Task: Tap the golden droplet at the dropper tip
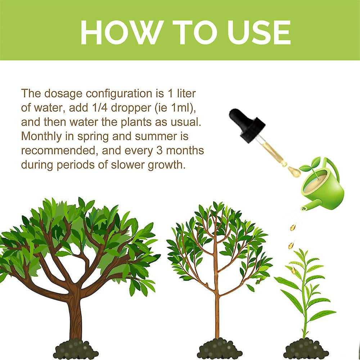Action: [295, 172]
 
